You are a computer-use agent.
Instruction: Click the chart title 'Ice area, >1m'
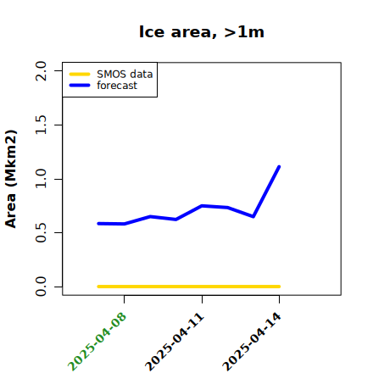click(x=202, y=32)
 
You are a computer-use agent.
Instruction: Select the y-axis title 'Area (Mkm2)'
click(x=11, y=179)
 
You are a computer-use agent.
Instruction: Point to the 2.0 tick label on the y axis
click(x=41, y=70)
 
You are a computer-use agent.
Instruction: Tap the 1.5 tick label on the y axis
click(x=41, y=125)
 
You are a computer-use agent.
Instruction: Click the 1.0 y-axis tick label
click(x=41, y=179)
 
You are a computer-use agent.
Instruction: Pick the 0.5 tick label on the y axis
click(x=41, y=232)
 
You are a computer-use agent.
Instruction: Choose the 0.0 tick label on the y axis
click(x=41, y=287)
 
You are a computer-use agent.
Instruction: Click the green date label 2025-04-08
click(x=97, y=342)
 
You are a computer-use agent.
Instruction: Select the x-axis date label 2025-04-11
click(x=175, y=342)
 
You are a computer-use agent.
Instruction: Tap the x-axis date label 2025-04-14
click(x=252, y=342)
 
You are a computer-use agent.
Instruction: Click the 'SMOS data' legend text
click(x=125, y=75)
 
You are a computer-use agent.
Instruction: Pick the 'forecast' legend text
click(x=117, y=86)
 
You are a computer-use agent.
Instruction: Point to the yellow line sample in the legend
click(x=80, y=75)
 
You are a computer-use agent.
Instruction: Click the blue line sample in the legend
click(x=80, y=86)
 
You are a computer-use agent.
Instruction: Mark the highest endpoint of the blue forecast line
click(x=279, y=167)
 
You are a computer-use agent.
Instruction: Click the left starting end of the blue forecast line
click(x=98, y=224)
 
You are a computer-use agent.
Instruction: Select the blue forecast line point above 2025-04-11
click(x=202, y=206)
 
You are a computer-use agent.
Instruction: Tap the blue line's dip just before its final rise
click(x=253, y=216)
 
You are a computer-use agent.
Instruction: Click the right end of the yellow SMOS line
click(x=279, y=287)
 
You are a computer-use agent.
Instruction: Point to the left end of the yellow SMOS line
click(x=98, y=287)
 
